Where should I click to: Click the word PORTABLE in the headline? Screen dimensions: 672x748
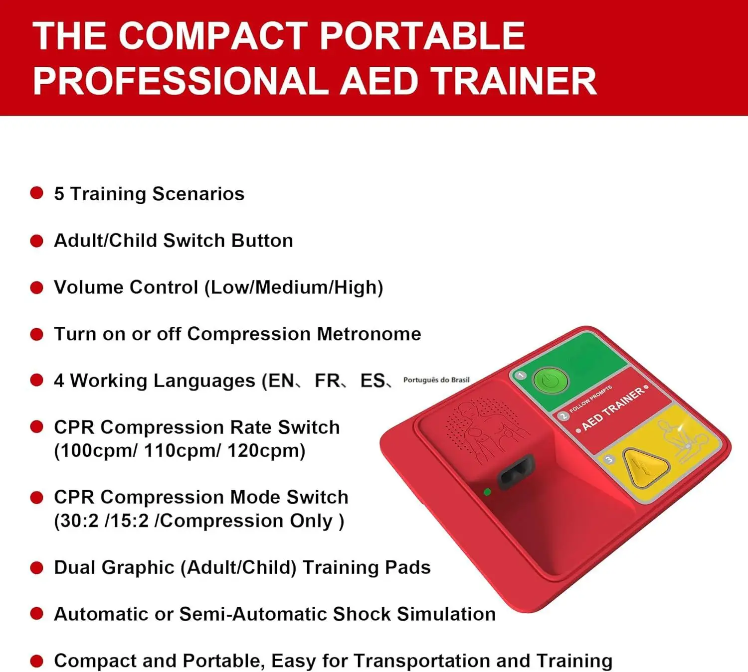[x=422, y=36]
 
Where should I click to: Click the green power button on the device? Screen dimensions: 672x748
[x=551, y=381]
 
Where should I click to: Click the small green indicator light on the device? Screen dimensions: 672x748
[x=487, y=492]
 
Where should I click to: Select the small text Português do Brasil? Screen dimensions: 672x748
[x=436, y=380]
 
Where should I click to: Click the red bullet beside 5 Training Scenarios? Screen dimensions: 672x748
[x=37, y=194]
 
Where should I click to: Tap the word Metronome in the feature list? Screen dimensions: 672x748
[x=369, y=334]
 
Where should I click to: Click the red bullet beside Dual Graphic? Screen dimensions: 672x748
[x=37, y=567]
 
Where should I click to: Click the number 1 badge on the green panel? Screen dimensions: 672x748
[x=521, y=375]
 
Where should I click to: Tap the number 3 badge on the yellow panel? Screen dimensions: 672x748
[x=609, y=460]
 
